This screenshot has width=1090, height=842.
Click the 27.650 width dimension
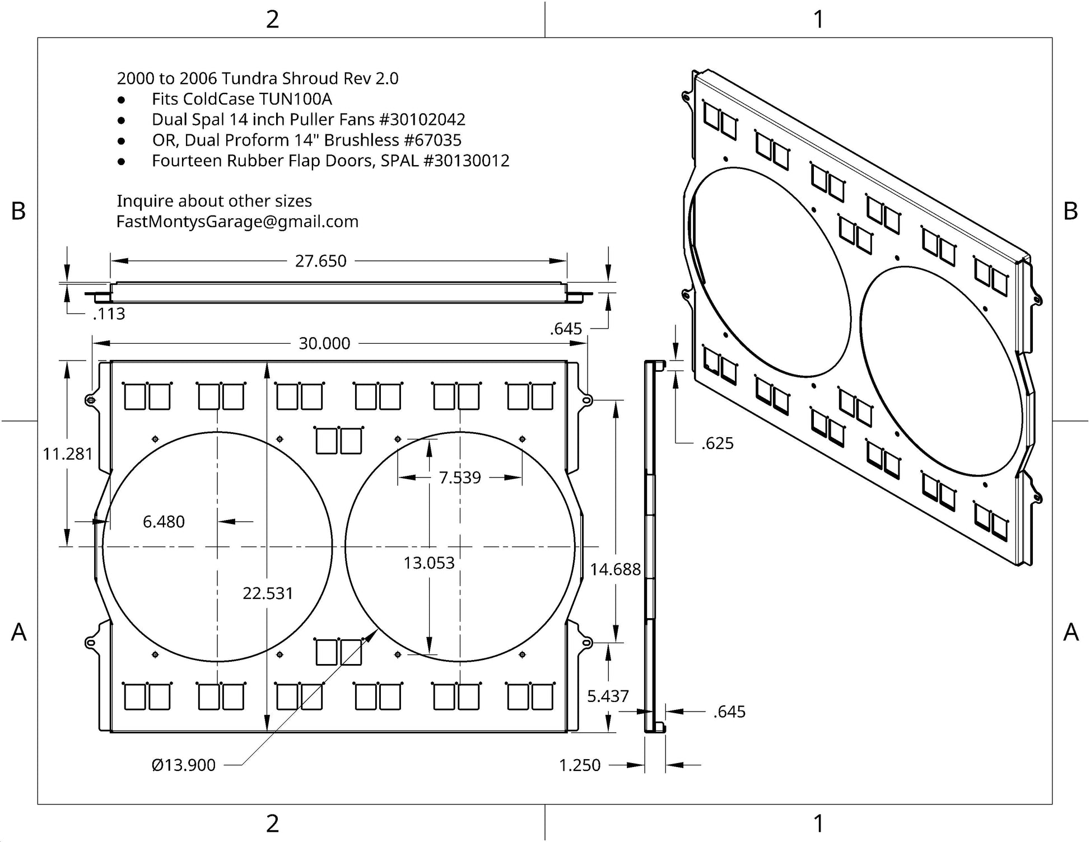[320, 261]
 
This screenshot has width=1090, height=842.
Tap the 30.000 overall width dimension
[324, 343]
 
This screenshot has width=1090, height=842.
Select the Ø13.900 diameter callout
[184, 765]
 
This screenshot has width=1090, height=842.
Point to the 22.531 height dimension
[268, 593]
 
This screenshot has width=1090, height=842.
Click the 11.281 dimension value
[68, 453]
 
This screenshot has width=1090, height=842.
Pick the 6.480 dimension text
[164, 522]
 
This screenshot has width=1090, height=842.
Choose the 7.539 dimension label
[460, 478]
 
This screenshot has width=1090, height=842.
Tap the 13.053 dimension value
[429, 563]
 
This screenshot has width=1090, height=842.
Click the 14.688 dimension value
[615, 569]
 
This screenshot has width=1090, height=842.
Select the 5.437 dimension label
[608, 696]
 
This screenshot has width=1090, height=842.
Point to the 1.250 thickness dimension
[580, 765]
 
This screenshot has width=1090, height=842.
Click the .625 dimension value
[718, 443]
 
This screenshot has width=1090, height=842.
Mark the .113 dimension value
[109, 314]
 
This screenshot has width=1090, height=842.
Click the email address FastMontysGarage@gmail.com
[237, 222]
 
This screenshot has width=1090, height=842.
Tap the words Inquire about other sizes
[214, 201]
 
